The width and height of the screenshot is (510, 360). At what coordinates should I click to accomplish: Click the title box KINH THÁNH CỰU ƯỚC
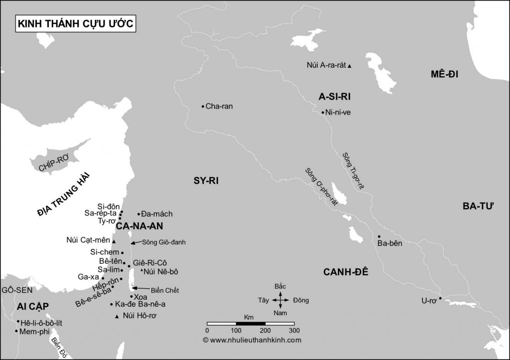click(x=76, y=24)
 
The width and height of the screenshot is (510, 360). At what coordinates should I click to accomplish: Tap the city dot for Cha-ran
click(x=203, y=106)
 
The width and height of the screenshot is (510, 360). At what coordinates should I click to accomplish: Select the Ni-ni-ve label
click(x=338, y=113)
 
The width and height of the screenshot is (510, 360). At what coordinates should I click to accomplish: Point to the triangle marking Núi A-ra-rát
click(x=350, y=66)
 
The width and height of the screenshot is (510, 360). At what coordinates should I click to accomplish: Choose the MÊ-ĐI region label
click(x=444, y=75)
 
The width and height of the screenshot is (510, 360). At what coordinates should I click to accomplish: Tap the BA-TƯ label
click(x=477, y=206)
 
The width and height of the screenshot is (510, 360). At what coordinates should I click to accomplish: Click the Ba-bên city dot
click(x=379, y=237)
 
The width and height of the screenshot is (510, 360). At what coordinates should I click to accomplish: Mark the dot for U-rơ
click(x=440, y=298)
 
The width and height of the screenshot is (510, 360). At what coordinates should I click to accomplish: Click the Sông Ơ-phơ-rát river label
click(x=322, y=188)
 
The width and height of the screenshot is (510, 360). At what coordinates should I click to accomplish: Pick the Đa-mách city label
click(x=157, y=214)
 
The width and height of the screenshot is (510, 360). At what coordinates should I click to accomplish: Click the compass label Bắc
click(x=280, y=287)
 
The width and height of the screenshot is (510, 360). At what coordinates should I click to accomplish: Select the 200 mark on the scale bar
click(x=265, y=330)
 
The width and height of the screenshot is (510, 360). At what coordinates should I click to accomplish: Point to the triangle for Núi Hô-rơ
click(x=117, y=317)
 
